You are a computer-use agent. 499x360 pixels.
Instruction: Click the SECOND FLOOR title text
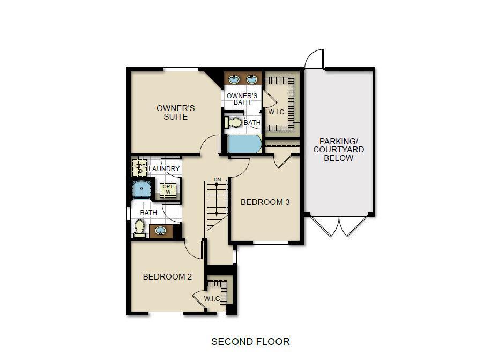tap(250, 341)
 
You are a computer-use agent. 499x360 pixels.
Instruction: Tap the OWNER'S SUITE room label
tap(175, 112)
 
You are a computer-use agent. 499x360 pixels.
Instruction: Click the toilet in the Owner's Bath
tap(234, 123)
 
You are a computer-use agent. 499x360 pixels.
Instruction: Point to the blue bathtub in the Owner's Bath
tap(244, 144)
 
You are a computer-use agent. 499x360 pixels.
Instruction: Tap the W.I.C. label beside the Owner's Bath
tap(277, 112)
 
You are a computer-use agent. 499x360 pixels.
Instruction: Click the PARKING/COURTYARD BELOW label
tap(338, 150)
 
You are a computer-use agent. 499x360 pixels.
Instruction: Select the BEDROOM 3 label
tap(265, 202)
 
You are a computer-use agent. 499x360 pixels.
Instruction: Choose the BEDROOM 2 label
tap(167, 277)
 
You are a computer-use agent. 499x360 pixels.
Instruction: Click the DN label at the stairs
tap(217, 179)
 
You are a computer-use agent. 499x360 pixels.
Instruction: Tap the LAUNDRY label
tap(164, 169)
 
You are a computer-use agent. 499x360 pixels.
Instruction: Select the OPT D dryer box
tap(139, 168)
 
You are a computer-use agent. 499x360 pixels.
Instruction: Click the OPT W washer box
tap(167, 189)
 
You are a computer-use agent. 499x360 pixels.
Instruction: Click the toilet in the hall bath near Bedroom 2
tap(140, 227)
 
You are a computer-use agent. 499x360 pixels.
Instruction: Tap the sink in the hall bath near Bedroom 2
tap(160, 231)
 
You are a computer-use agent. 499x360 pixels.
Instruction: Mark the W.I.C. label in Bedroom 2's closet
tap(212, 298)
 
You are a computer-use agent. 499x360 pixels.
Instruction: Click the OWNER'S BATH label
tap(242, 99)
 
